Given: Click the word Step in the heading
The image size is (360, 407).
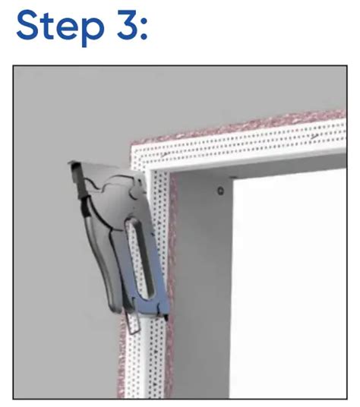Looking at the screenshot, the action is coord(61,27).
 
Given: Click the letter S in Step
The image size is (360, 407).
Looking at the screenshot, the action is coord(27,25).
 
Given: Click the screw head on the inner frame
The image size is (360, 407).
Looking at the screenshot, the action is coord(220,191).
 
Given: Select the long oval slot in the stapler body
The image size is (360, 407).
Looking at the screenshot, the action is coord(141,257).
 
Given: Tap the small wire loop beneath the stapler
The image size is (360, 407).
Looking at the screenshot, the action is coord(133,323).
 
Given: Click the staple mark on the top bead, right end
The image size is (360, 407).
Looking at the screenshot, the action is coord(314,136).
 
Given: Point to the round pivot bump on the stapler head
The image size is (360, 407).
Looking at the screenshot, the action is coord(135,192).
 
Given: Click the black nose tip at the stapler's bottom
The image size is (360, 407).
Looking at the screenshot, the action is coord(166,317).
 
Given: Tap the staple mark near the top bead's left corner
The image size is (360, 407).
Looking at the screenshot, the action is coord(166,155).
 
